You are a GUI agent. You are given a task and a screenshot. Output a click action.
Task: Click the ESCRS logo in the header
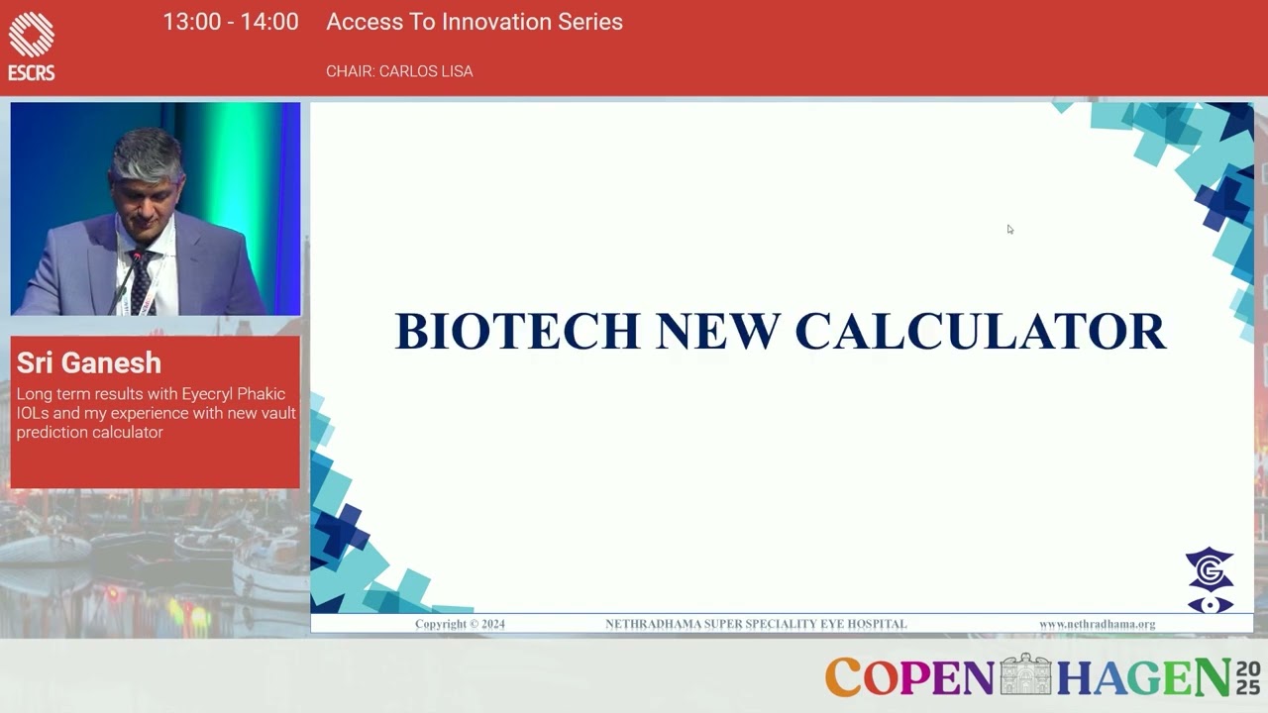click(31, 46)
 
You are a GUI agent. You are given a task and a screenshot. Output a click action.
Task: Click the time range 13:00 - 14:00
click(231, 23)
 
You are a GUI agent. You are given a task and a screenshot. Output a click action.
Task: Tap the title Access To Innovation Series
click(475, 23)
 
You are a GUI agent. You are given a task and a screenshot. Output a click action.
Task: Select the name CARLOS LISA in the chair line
click(427, 71)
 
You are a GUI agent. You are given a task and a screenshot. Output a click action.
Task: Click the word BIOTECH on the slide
click(517, 332)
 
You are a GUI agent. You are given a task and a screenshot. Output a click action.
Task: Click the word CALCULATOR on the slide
click(980, 332)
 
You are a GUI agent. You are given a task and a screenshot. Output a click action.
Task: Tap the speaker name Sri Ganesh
click(89, 363)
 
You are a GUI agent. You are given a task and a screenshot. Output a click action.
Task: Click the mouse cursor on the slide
click(1009, 229)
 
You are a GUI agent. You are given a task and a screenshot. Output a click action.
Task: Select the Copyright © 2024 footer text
click(460, 624)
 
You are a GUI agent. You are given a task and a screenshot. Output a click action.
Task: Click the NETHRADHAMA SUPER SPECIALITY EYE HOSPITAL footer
click(756, 624)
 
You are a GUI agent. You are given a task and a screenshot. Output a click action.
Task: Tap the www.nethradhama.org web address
click(1097, 624)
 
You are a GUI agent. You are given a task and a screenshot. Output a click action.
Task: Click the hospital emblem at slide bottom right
click(1210, 581)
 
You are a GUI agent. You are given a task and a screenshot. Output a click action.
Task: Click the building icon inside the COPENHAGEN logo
click(1024, 675)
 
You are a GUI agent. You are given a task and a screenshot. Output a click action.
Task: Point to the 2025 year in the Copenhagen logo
click(1247, 676)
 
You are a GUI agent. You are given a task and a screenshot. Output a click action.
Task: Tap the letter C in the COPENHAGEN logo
click(843, 677)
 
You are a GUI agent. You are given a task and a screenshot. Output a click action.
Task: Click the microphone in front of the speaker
click(135, 259)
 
